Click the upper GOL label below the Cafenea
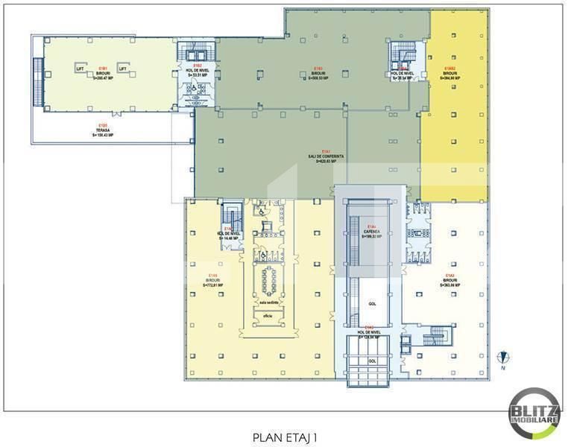point(371,305)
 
